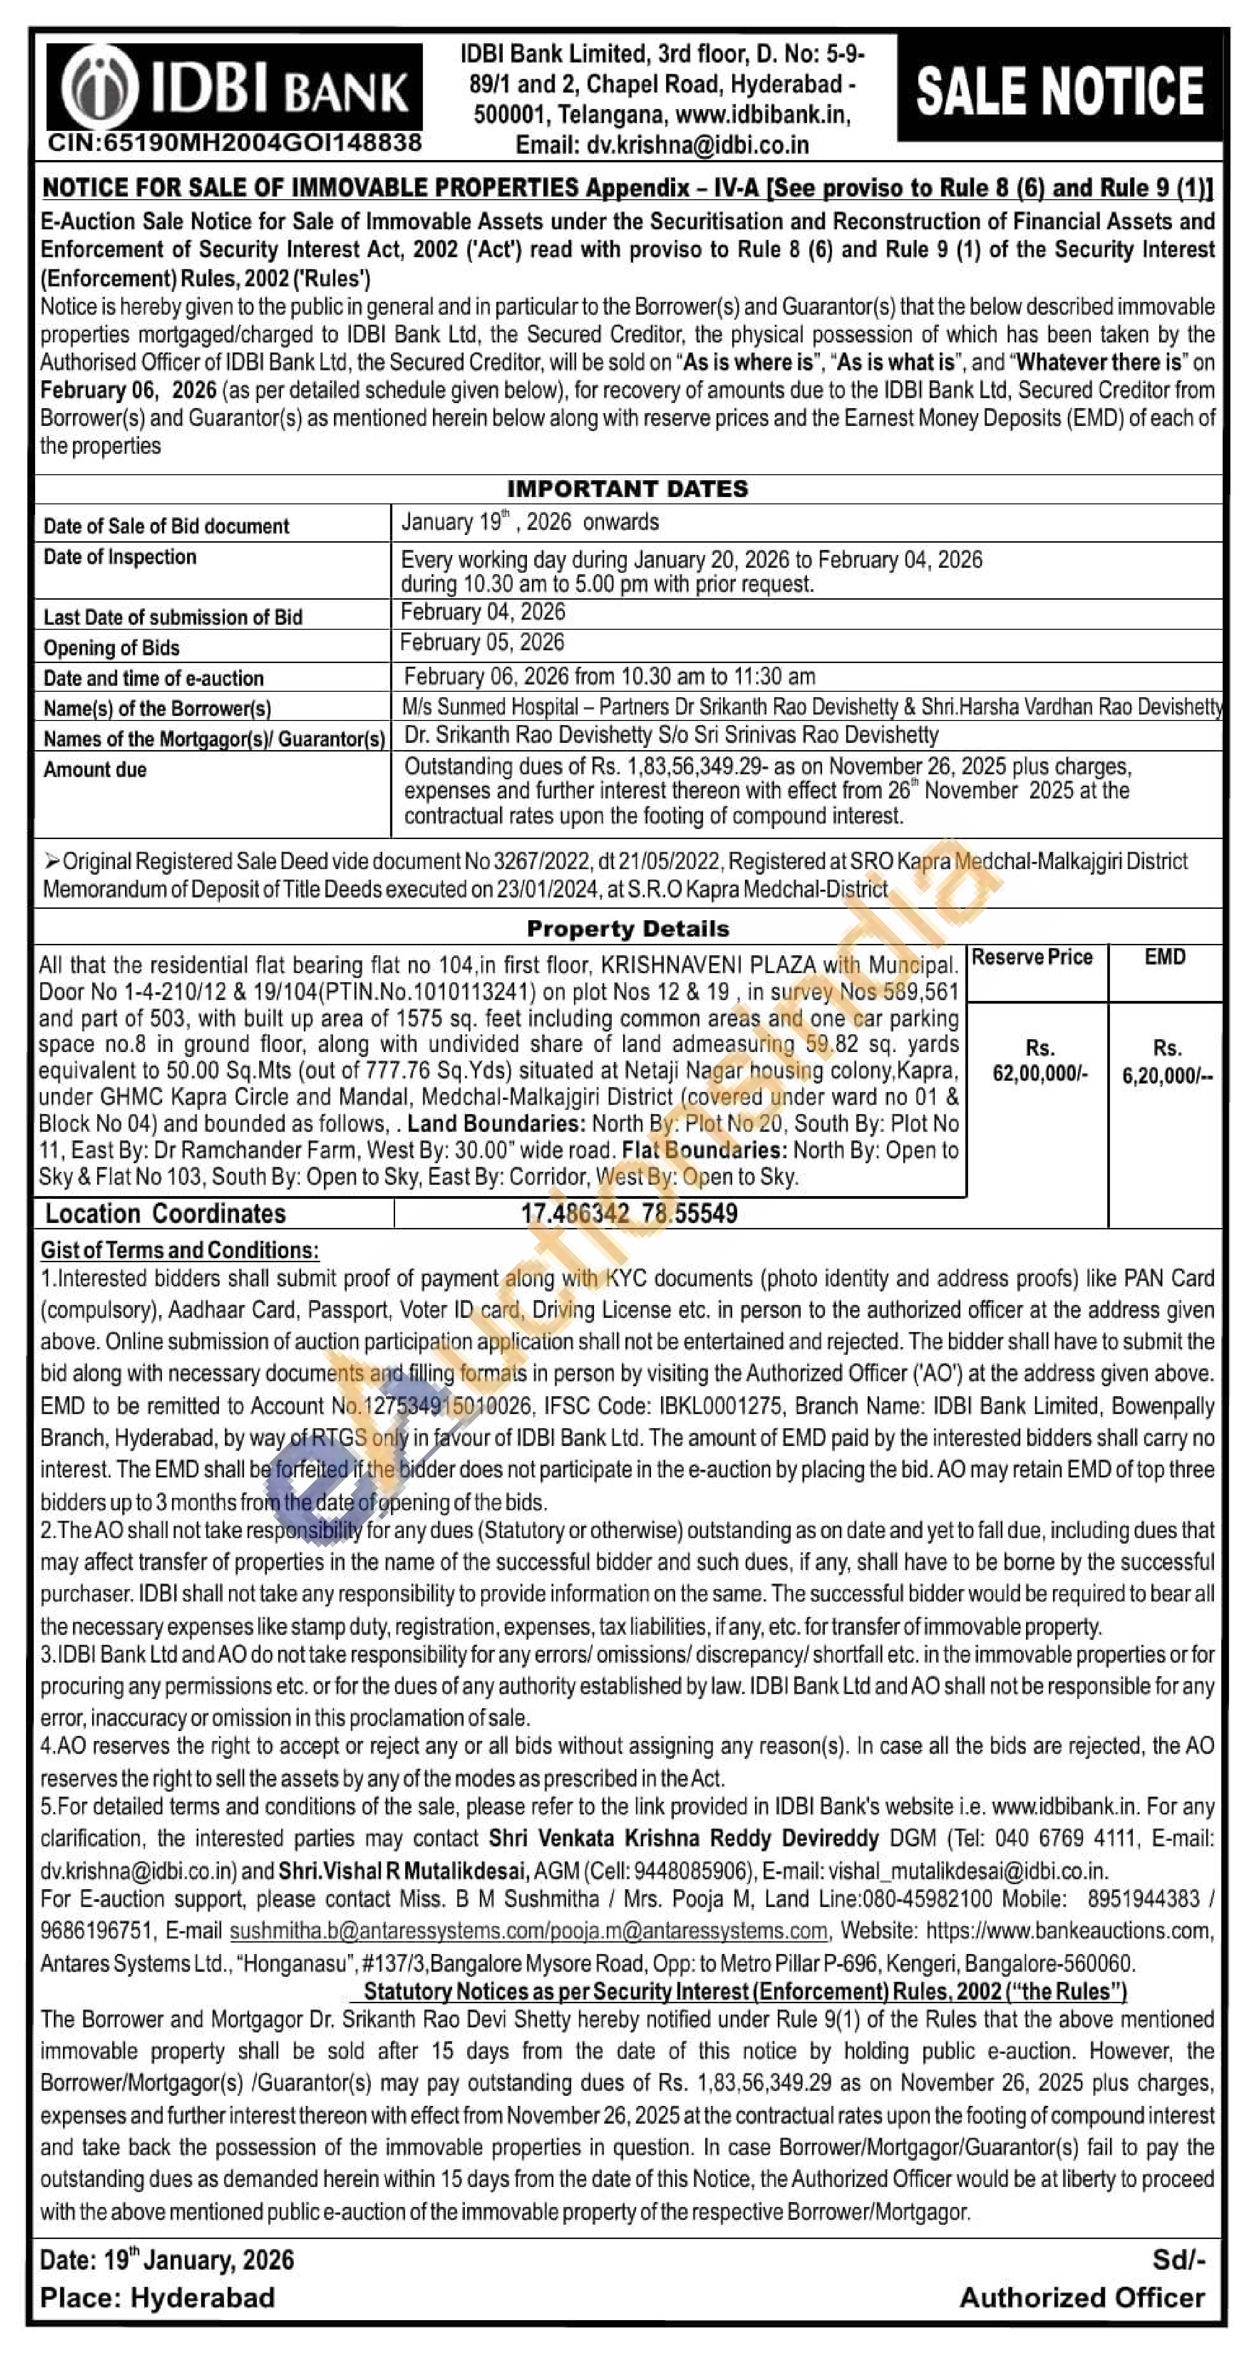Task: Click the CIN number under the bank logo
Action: tap(235, 142)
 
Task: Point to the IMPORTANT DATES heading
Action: tap(628, 488)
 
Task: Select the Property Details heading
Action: tap(628, 928)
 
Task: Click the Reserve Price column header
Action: tap(1032, 957)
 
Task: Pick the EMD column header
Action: tap(1164, 957)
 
